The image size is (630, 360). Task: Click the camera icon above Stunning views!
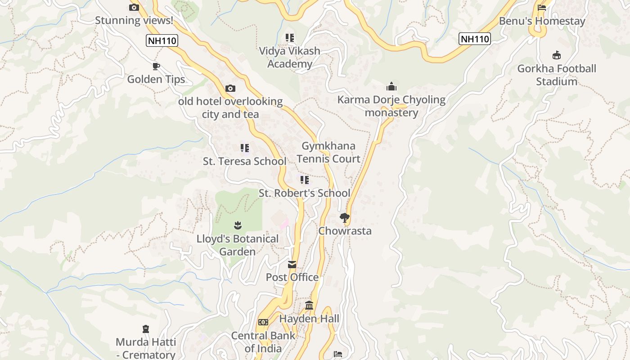(x=134, y=7)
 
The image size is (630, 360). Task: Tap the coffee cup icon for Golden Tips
(x=156, y=67)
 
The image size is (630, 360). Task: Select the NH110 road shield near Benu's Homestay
(x=474, y=39)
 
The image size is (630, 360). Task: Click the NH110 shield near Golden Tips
(x=162, y=41)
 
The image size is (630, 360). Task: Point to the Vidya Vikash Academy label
(x=289, y=57)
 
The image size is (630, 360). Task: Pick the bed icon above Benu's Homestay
(x=542, y=8)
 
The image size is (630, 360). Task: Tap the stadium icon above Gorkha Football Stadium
(x=557, y=55)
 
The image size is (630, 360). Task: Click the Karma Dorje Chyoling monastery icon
(x=391, y=86)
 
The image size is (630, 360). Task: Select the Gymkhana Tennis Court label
(x=328, y=152)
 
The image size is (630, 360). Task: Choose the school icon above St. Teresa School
(x=244, y=148)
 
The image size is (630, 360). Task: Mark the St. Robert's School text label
(x=304, y=193)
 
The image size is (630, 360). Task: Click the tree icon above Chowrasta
(x=345, y=218)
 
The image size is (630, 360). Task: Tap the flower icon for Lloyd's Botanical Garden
(x=238, y=225)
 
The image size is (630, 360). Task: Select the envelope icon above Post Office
(x=292, y=264)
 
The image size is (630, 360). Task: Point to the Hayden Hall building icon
(x=309, y=306)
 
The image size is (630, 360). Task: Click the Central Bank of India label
(x=263, y=342)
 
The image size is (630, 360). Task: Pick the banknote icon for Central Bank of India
(x=263, y=322)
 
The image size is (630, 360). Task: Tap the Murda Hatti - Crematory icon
(x=145, y=329)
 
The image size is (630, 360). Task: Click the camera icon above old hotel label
(x=230, y=88)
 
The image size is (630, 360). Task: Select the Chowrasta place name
(x=345, y=231)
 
